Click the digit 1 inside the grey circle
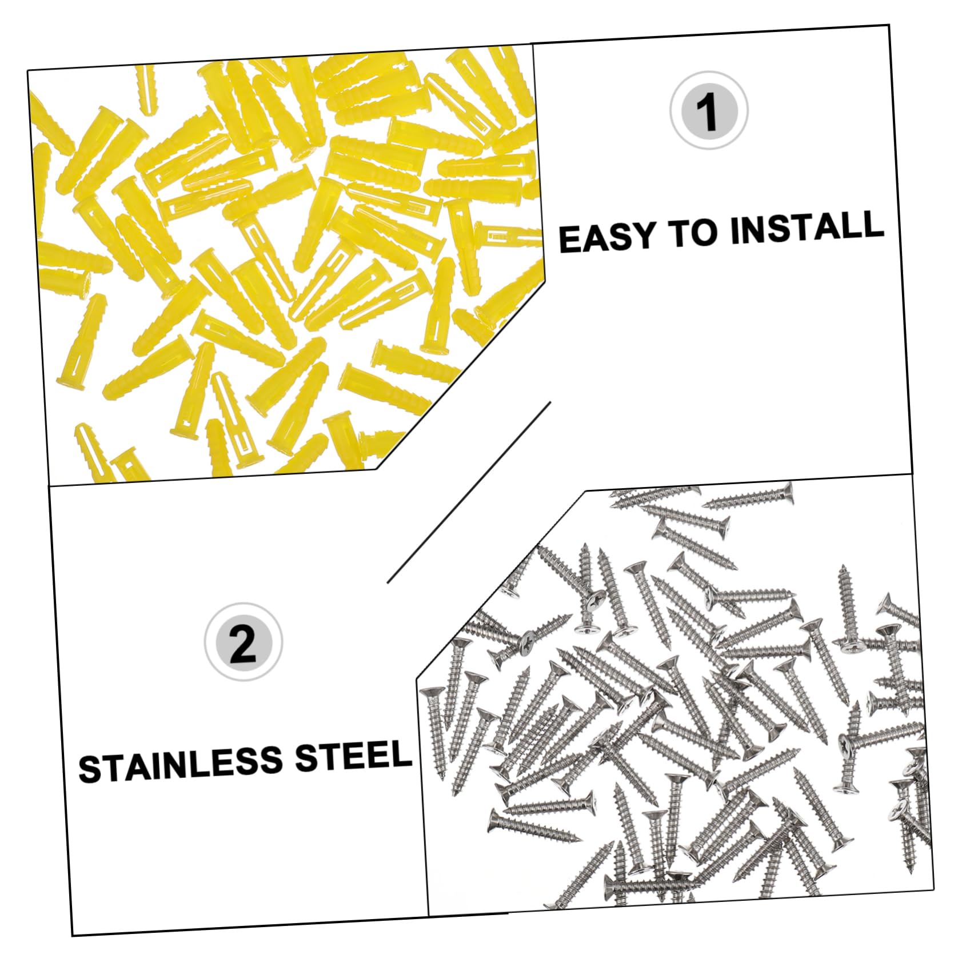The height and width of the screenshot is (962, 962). click(x=709, y=111)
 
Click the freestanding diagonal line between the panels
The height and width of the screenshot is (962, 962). click(x=469, y=492)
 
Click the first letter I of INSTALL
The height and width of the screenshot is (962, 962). click(x=736, y=230)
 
